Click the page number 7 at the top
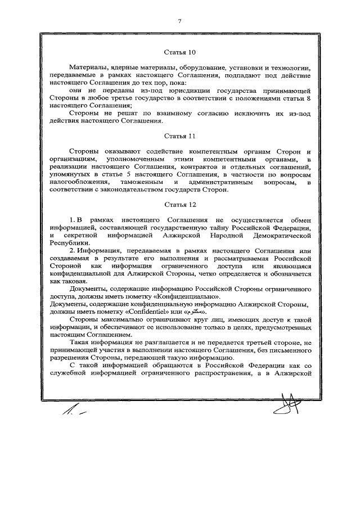pos(179,21)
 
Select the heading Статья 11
pos(179,136)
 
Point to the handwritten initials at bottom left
pos(73,415)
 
